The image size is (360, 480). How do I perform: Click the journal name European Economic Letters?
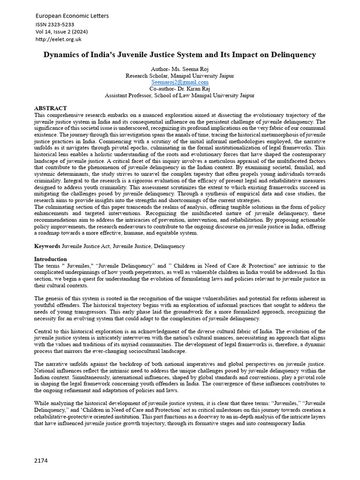click(x=72, y=16)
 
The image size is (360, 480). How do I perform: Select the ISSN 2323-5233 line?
click(x=55, y=24)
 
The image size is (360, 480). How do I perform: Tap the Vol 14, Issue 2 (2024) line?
click(x=61, y=32)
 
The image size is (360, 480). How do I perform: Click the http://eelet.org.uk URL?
click(x=59, y=39)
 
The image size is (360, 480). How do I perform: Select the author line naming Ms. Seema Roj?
click(x=180, y=69)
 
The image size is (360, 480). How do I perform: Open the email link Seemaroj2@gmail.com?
click(x=180, y=82)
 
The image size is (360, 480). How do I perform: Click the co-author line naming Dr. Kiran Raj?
click(x=180, y=89)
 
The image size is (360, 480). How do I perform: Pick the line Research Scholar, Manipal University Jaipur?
click(x=180, y=75)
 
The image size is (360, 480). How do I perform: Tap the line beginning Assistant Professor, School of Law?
click(x=180, y=95)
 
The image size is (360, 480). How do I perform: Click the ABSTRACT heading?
click(x=50, y=108)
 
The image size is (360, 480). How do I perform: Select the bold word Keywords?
click(x=47, y=246)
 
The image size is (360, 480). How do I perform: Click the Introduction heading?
click(x=51, y=259)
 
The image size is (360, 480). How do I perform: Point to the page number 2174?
click(x=41, y=461)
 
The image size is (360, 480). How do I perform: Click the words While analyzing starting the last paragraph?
click(x=56, y=404)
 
